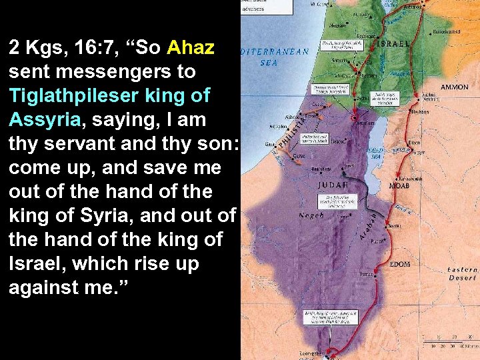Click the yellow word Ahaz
[x=191, y=47]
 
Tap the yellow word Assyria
[x=44, y=119]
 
